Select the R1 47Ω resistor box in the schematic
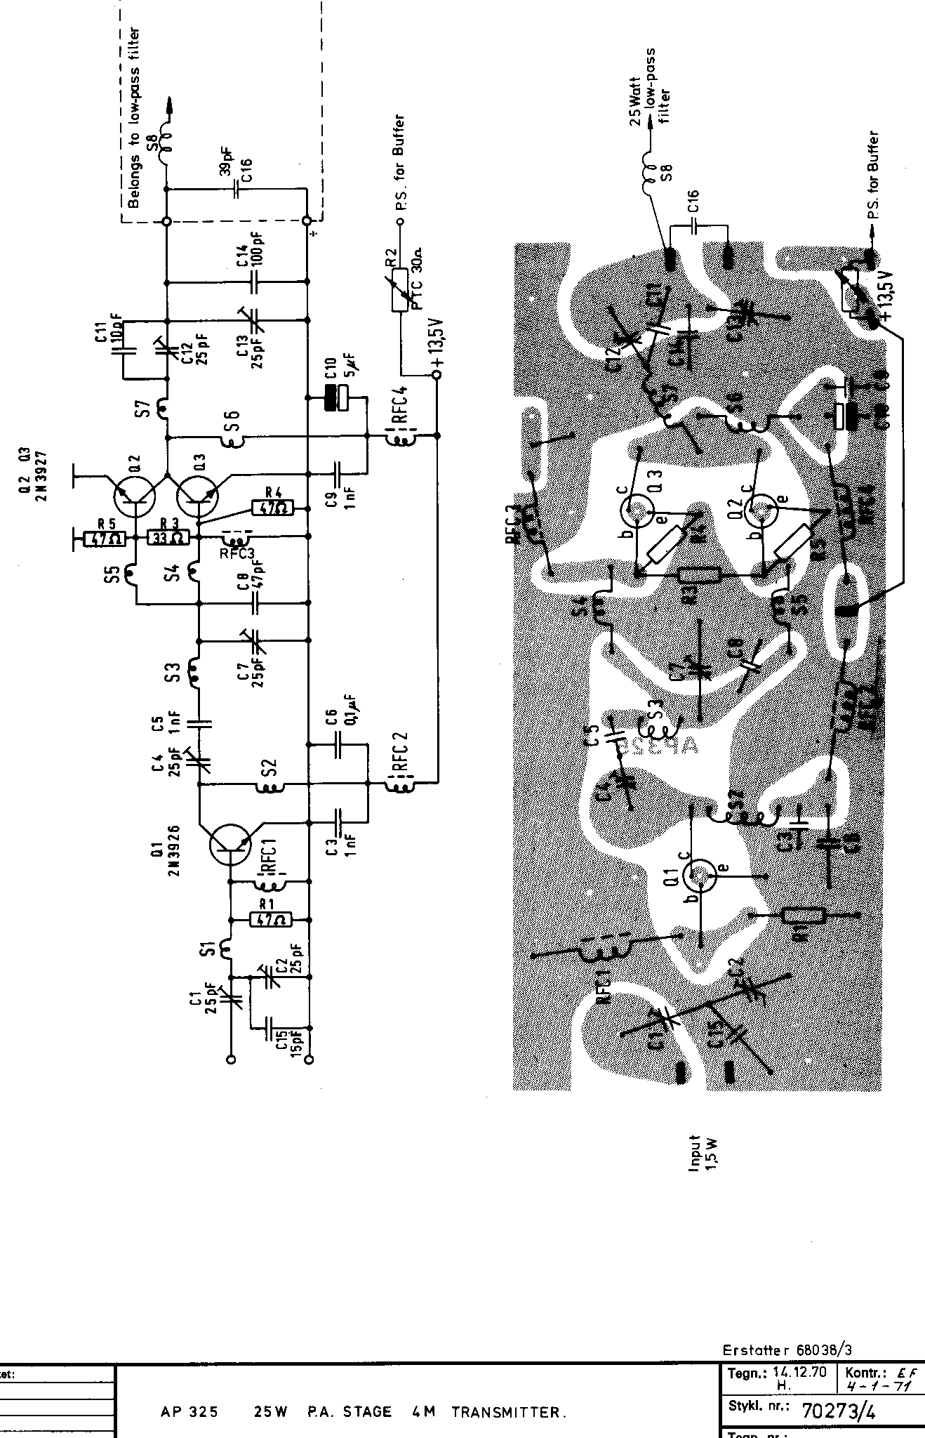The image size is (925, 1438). coord(269,919)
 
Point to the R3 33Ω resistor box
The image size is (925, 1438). coord(168,538)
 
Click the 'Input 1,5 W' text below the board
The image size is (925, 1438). coord(703,1153)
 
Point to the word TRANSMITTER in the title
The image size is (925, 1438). coord(508,1412)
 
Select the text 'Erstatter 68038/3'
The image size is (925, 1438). coord(787,1350)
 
